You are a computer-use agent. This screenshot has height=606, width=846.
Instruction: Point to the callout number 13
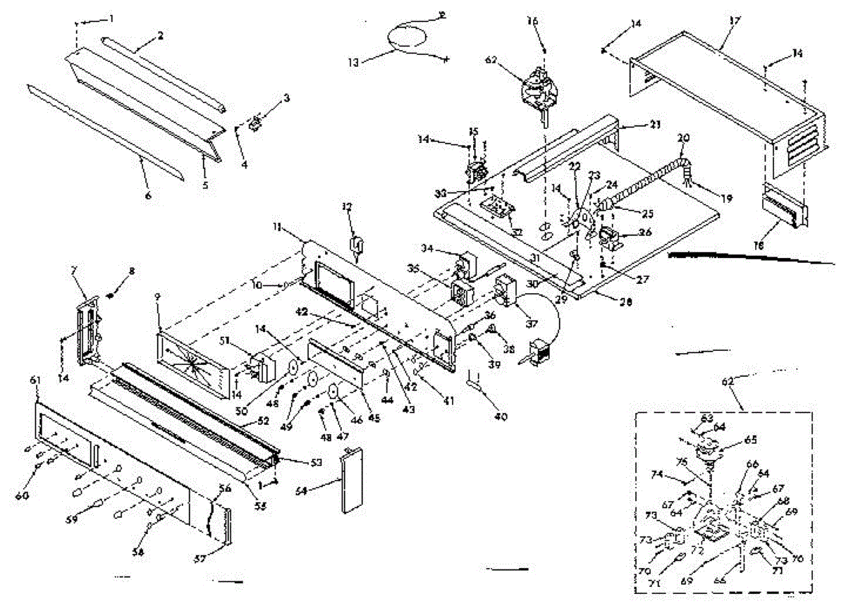[372, 62]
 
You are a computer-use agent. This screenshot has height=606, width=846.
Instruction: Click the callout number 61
[36, 381]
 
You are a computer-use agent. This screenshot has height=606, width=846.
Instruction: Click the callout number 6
[149, 195]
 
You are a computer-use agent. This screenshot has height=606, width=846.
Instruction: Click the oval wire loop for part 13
[410, 35]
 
